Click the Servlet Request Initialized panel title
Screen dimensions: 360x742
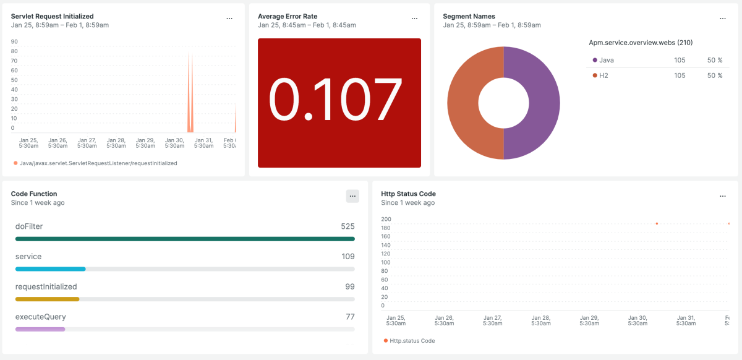click(x=53, y=16)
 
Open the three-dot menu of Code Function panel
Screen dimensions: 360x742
click(x=352, y=196)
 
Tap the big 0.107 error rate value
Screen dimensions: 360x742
click(x=338, y=101)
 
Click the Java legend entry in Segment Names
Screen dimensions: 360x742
click(x=607, y=60)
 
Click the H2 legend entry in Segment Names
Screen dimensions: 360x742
click(x=603, y=75)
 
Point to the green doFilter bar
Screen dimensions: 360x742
click(x=185, y=239)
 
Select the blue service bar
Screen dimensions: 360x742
click(x=50, y=269)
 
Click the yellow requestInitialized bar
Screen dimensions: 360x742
click(x=47, y=299)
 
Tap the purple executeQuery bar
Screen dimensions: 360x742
click(x=40, y=329)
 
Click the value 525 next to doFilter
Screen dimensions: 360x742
click(x=348, y=226)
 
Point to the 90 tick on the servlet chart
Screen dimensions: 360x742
click(x=14, y=42)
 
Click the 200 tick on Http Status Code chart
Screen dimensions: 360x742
click(x=386, y=219)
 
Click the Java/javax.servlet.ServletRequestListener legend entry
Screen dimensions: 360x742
click(x=98, y=163)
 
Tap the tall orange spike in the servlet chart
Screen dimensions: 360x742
click(x=190, y=93)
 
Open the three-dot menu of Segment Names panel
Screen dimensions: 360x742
click(x=723, y=19)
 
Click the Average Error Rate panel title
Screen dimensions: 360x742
click(x=287, y=16)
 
